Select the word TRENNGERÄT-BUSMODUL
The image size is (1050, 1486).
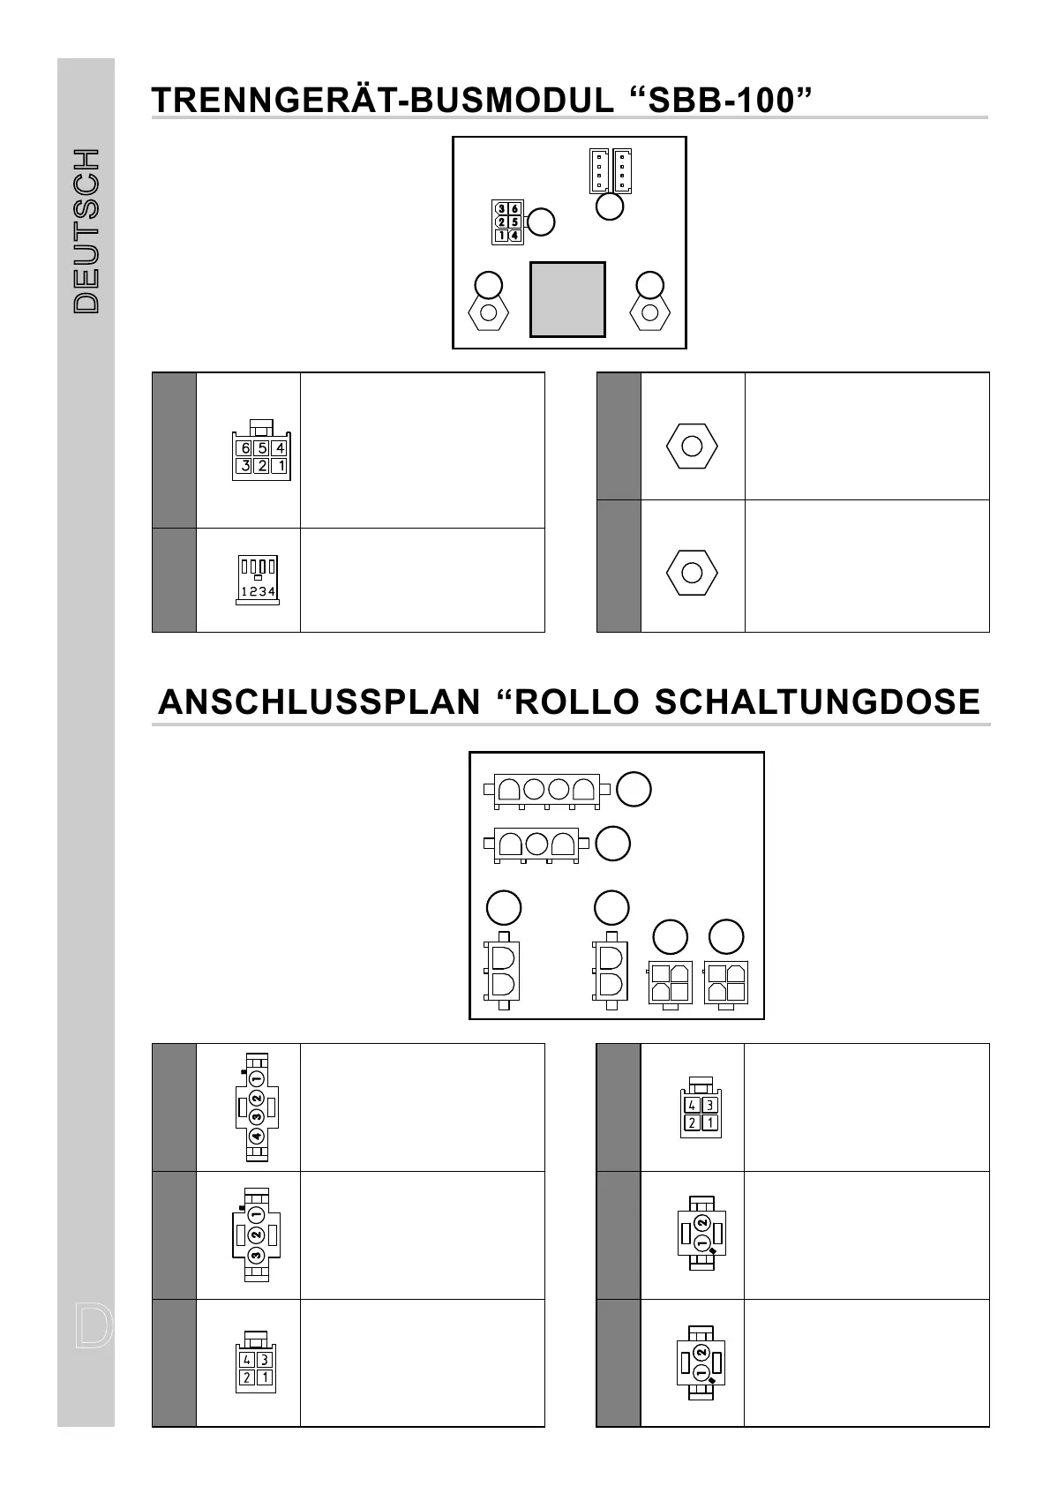pos(382,101)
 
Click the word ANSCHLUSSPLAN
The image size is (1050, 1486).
pos(319,702)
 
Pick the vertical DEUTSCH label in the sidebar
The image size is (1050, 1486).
pos(86,231)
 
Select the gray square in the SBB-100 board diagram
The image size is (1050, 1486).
pos(567,299)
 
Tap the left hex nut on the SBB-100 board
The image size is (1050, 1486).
pos(488,312)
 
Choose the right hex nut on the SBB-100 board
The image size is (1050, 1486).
pos(650,312)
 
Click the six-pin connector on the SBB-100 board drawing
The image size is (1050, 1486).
pos(507,222)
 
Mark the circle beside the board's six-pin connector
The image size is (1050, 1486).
pos(541,221)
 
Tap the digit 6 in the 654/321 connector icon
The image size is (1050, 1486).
pos(245,448)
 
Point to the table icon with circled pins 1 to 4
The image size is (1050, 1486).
pos(256,1107)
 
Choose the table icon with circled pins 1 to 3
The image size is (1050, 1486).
pos(256,1235)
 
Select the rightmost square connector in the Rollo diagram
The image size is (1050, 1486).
pos(725,983)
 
